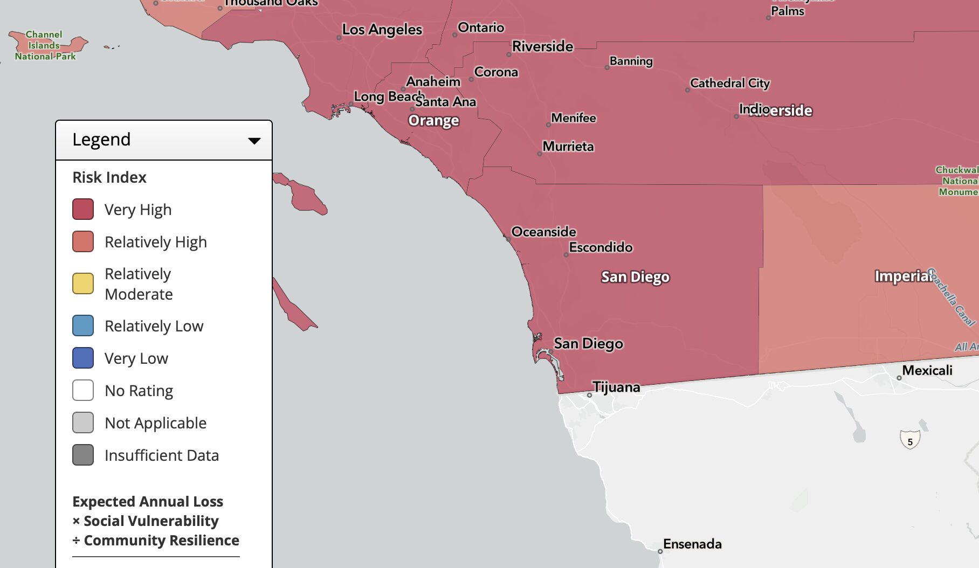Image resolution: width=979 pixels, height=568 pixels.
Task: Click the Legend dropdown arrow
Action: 254,141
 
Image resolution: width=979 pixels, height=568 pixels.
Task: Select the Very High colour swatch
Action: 83,209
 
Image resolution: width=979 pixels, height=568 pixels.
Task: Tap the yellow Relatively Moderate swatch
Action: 83,283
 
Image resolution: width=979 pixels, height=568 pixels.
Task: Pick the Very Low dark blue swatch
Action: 83,358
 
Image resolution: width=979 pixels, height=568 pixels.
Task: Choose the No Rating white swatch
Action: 83,390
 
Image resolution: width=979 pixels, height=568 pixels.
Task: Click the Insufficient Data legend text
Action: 161,455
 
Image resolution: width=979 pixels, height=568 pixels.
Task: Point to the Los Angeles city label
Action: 382,30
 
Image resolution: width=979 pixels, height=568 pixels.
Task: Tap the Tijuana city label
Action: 616,387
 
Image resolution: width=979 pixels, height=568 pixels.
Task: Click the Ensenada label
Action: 692,544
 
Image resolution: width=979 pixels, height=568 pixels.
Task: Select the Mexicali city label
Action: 927,370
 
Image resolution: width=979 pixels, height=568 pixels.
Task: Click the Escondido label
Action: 601,247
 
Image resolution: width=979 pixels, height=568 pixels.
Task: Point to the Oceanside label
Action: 543,232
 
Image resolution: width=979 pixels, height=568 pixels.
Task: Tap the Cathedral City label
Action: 729,83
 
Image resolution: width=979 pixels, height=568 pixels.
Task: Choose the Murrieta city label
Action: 568,147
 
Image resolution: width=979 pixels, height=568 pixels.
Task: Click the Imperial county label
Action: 902,276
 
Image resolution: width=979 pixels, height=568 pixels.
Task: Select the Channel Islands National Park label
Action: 45,45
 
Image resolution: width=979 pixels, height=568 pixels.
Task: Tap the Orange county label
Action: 433,120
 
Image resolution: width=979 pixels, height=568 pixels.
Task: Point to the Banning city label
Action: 631,61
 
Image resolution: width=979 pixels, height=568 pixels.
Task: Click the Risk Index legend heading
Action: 109,177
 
